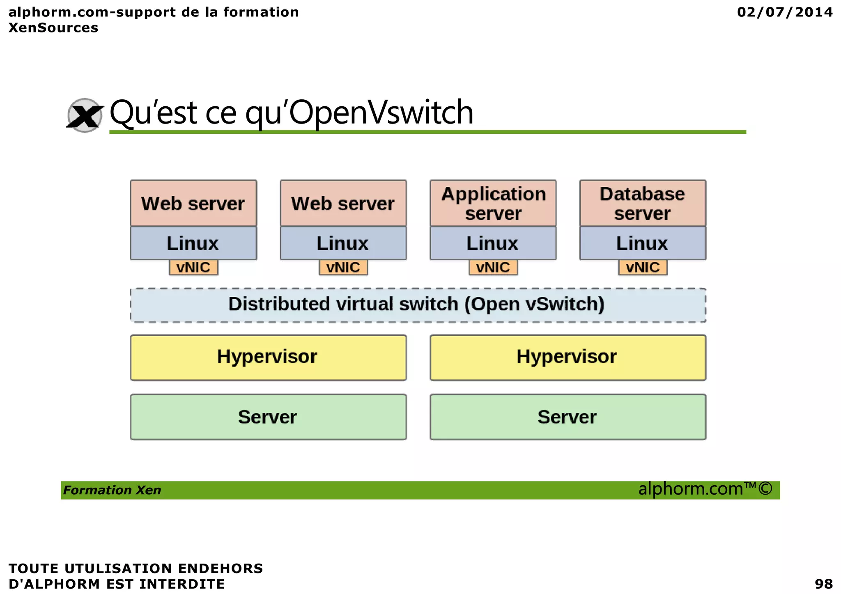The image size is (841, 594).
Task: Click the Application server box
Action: pyautogui.click(x=493, y=203)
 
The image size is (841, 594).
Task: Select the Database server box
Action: pyautogui.click(x=643, y=203)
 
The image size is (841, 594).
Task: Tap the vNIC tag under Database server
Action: pyautogui.click(x=643, y=268)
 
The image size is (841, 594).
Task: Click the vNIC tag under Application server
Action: pyautogui.click(x=493, y=268)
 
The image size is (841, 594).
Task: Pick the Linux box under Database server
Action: pyautogui.click(x=643, y=243)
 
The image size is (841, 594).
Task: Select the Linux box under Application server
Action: pyautogui.click(x=493, y=243)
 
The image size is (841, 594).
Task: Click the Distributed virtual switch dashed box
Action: pyautogui.click(x=418, y=305)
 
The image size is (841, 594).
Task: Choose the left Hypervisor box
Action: pyautogui.click(x=268, y=357)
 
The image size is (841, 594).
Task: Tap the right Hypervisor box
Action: pyautogui.click(x=568, y=357)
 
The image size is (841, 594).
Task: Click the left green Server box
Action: pyautogui.click(x=268, y=417)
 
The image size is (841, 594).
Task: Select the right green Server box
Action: pyautogui.click(x=568, y=417)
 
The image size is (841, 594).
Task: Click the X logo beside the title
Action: pyautogui.click(x=85, y=115)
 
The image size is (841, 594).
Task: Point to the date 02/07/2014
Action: pyautogui.click(x=785, y=12)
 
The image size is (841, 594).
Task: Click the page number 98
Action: pyautogui.click(x=823, y=583)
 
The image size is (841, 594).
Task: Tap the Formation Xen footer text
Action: pyautogui.click(x=112, y=490)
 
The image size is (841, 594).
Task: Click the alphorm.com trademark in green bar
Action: pyautogui.click(x=705, y=489)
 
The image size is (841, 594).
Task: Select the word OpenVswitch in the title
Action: pyautogui.click(x=381, y=112)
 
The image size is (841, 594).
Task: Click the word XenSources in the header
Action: pyautogui.click(x=53, y=28)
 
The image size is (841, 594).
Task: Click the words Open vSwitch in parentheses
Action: pyautogui.click(x=534, y=304)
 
